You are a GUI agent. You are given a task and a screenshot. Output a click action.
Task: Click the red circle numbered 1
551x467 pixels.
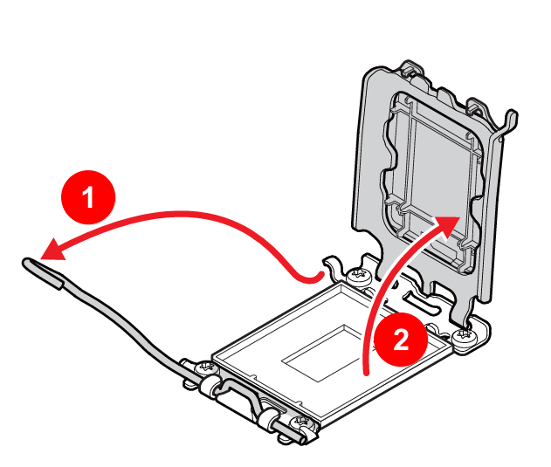(x=87, y=198)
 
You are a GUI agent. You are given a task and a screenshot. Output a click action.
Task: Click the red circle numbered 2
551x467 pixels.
(x=400, y=340)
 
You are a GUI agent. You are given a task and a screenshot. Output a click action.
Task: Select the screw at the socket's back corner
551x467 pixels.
(x=358, y=278)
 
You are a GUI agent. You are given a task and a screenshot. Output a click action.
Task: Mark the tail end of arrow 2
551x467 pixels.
(x=368, y=370)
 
